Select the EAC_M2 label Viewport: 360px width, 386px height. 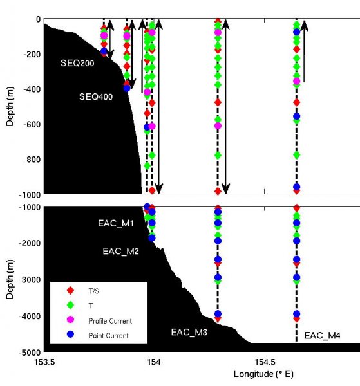(121, 252)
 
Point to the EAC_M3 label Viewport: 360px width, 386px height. (189, 333)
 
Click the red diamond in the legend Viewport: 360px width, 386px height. (71, 291)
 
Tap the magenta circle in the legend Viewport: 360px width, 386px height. (71, 320)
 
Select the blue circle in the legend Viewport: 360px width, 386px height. (71, 335)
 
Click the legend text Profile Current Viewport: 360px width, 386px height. (111, 320)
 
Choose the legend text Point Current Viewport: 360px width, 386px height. (108, 335)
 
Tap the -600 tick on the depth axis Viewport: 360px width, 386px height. (29, 124)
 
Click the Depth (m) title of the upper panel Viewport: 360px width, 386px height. (10, 107)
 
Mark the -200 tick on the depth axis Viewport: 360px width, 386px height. (29, 54)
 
